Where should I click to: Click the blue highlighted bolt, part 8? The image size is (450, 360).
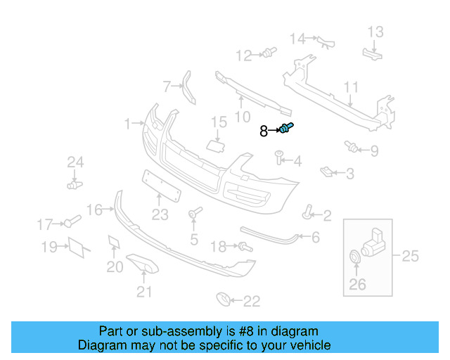point(287,128)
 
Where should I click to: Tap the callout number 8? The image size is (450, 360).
point(264,131)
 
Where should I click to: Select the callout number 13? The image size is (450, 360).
point(375,32)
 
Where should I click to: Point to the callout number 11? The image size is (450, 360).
point(351,88)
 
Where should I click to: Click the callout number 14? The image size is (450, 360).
point(298,39)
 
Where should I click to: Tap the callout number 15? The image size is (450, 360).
point(219,122)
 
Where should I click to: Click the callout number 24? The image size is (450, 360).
point(75,163)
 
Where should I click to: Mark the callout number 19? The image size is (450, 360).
point(49,247)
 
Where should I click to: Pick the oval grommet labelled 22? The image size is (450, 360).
point(224,300)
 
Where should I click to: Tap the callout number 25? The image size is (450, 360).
point(409,256)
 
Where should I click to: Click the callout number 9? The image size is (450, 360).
point(373,150)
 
